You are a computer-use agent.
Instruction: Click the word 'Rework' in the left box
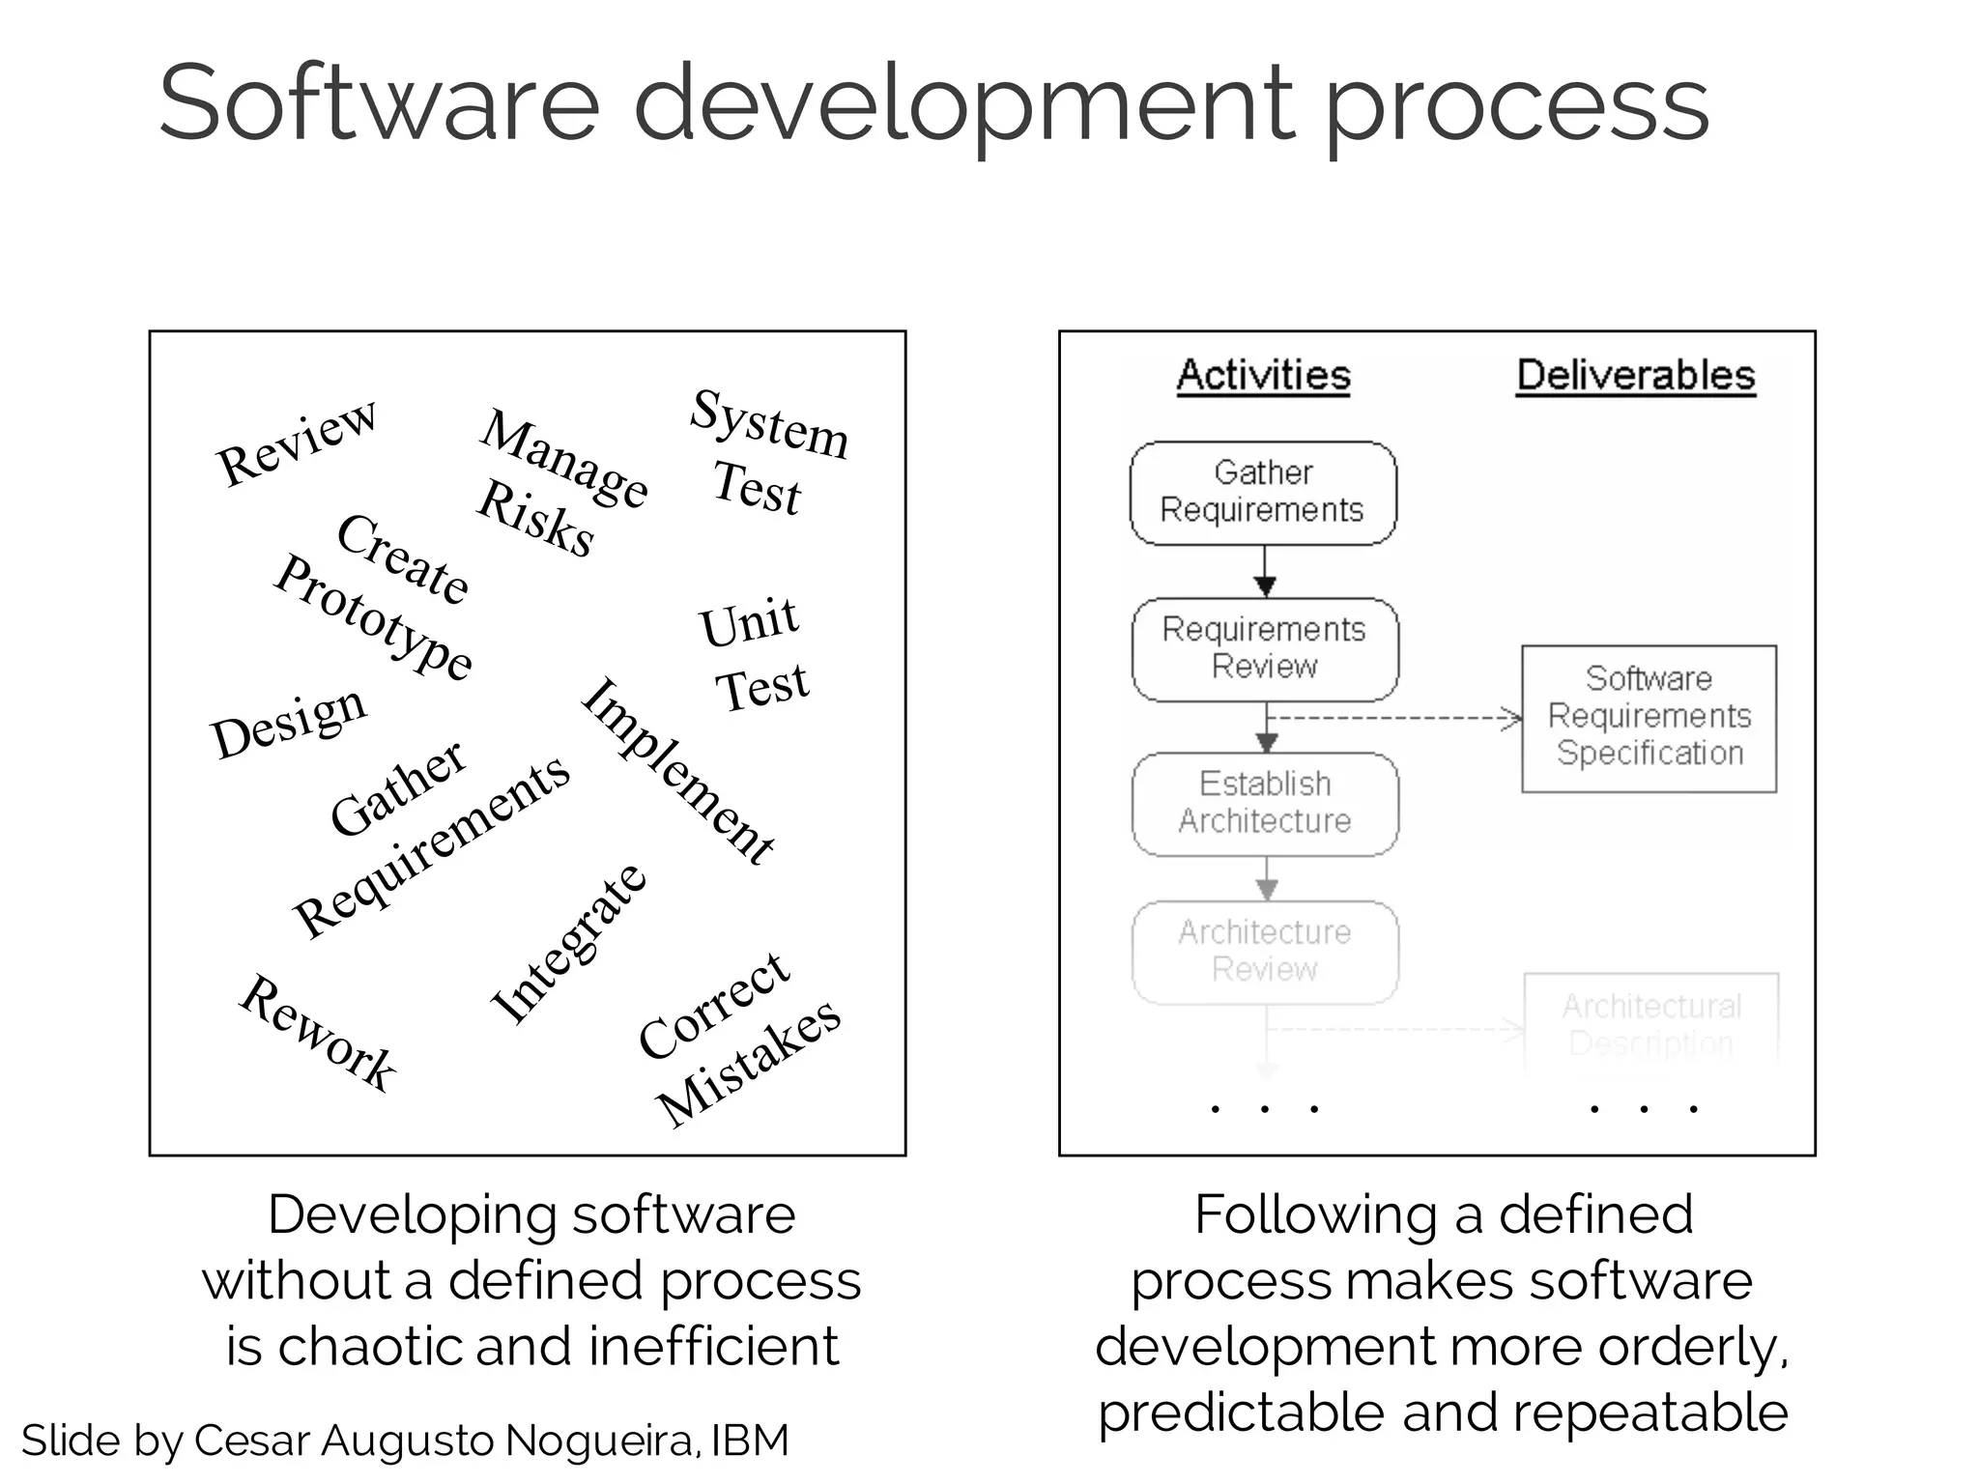point(318,1033)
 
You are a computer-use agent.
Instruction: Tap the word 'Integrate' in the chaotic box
point(568,944)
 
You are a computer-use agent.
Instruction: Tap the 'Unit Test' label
point(755,654)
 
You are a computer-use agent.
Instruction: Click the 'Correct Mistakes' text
point(739,1039)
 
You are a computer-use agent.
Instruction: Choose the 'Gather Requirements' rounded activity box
point(1263,493)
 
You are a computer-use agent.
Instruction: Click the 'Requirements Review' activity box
point(1265,648)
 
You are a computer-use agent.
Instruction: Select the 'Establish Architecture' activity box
point(1265,803)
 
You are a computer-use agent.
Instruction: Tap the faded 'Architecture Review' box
point(1265,952)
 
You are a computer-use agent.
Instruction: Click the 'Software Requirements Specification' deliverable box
point(1649,717)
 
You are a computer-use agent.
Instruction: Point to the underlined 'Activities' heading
point(1263,375)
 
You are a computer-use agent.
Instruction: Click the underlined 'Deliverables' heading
point(1635,375)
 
